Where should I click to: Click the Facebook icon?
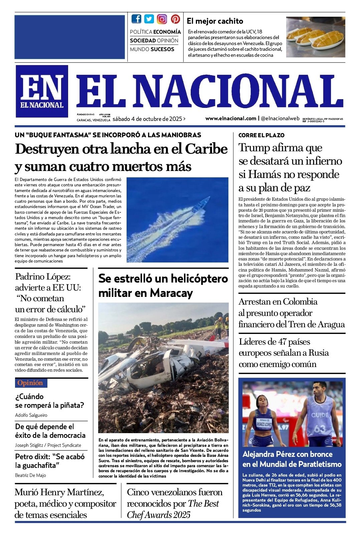pyautogui.click(x=136, y=19)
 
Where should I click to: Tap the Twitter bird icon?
pyautogui.click(x=149, y=19)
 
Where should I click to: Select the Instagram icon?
pyautogui.click(x=162, y=19)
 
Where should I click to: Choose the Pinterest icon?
pyautogui.click(x=175, y=19)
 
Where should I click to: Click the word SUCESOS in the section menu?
pyautogui.click(x=162, y=49)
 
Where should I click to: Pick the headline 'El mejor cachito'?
pyautogui.click(x=215, y=21)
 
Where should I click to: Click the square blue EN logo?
pyautogui.click(x=42, y=91)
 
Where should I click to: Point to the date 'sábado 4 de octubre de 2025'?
pyautogui.click(x=147, y=119)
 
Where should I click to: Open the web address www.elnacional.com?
pyautogui.click(x=231, y=118)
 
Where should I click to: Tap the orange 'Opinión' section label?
pyautogui.click(x=30, y=383)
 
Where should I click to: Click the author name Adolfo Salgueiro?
pyautogui.click(x=31, y=415)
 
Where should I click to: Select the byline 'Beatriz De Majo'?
pyautogui.click(x=30, y=475)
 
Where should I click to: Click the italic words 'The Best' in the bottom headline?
pyautogui.click(x=203, y=504)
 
